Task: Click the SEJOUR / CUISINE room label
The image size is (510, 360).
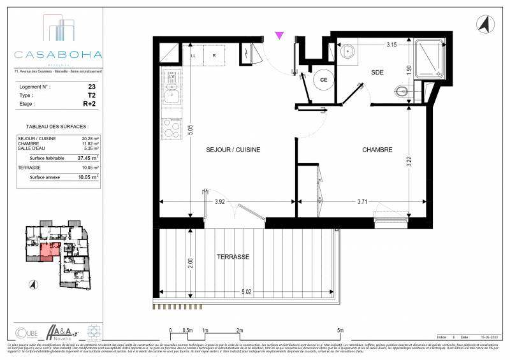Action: point(233,150)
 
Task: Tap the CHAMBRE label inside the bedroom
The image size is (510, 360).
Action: point(377,150)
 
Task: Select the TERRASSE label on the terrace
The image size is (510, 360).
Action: point(232,257)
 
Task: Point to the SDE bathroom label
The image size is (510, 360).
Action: point(377,73)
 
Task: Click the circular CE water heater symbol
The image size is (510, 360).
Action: point(323,80)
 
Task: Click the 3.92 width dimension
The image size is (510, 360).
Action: point(220,202)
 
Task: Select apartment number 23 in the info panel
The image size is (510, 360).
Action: point(92,85)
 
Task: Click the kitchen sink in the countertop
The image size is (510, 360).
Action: point(171,96)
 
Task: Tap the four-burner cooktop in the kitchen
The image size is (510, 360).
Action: point(171,129)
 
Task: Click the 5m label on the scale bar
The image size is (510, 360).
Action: point(340,330)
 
